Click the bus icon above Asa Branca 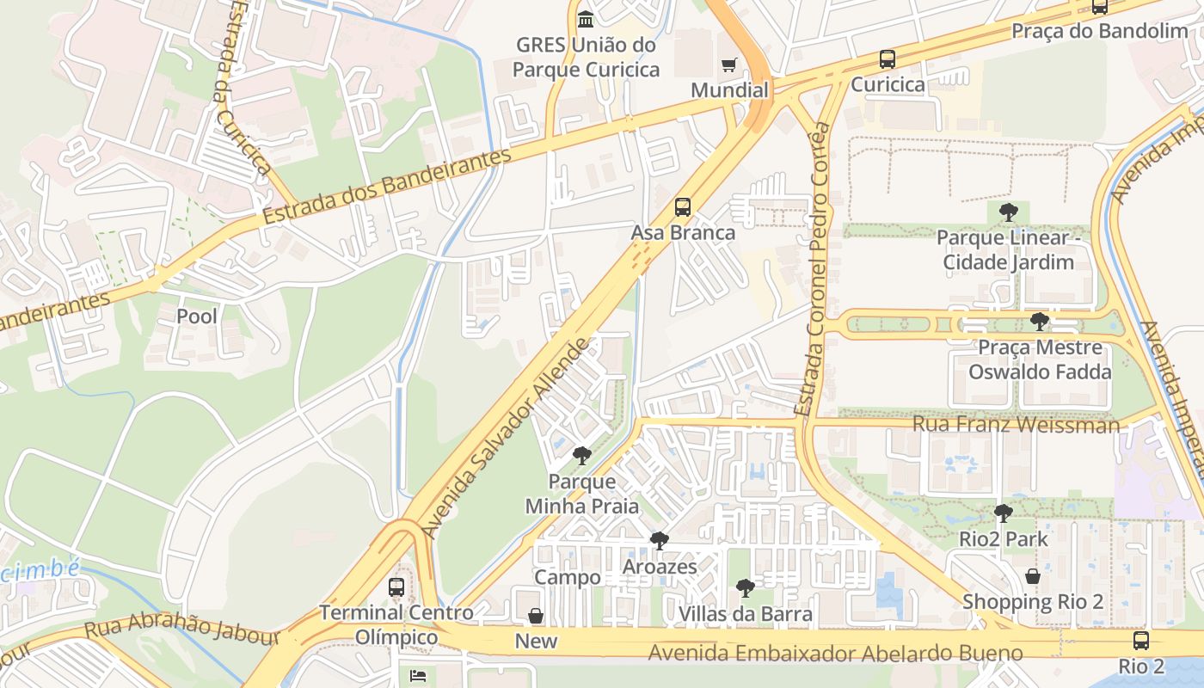[683, 207]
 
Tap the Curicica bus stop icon [888, 59]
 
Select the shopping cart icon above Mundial [729, 64]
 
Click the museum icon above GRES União [586, 19]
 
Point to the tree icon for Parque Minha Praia [582, 456]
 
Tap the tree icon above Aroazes [660, 541]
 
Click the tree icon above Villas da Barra [746, 588]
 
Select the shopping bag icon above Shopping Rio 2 [1033, 576]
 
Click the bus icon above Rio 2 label [1141, 641]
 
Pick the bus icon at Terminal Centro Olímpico [396, 587]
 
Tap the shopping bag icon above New [536, 616]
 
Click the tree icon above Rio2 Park [1003, 513]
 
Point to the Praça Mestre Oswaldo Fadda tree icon [1040, 322]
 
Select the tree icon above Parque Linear [1009, 212]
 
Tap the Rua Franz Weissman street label [1016, 424]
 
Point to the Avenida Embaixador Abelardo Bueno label [835, 653]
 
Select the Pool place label [197, 316]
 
